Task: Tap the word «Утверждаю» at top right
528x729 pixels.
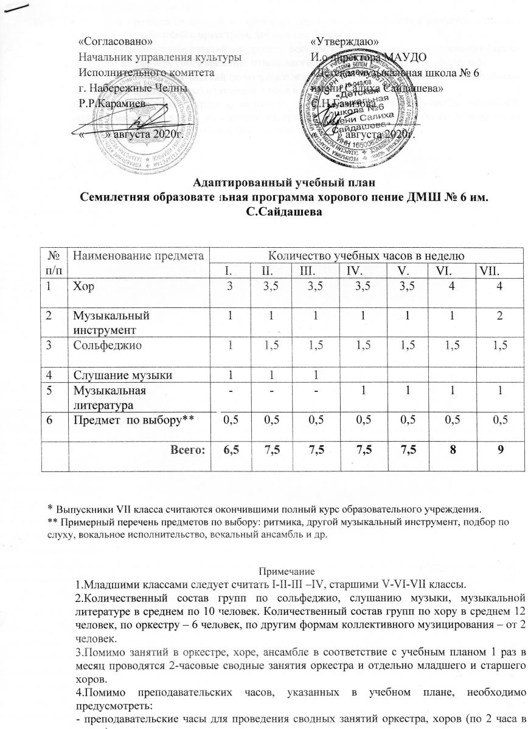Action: tap(345, 42)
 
